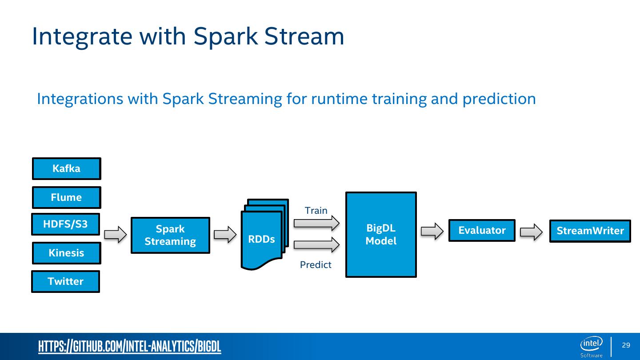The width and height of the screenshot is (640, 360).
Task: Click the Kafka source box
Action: point(67,168)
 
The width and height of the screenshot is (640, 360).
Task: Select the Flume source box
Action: point(67,197)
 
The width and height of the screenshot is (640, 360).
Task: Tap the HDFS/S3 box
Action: point(65,224)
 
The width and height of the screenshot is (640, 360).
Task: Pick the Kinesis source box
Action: point(67,253)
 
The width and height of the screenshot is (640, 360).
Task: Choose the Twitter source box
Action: point(65,281)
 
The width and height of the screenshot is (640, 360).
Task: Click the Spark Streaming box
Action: point(170,235)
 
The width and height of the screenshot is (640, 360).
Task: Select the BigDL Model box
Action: point(381,234)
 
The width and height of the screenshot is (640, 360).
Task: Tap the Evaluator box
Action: point(482,230)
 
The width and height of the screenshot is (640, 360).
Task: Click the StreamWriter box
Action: point(590,231)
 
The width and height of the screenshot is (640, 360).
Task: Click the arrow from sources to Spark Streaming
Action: point(116,234)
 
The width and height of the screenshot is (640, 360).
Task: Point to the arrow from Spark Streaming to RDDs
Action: point(225,234)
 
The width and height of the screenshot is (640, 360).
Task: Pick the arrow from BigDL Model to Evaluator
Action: point(432,231)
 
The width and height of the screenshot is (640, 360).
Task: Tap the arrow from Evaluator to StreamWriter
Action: point(532,231)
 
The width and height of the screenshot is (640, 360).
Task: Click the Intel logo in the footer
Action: point(592,344)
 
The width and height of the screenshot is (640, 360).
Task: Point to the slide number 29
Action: point(626,345)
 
